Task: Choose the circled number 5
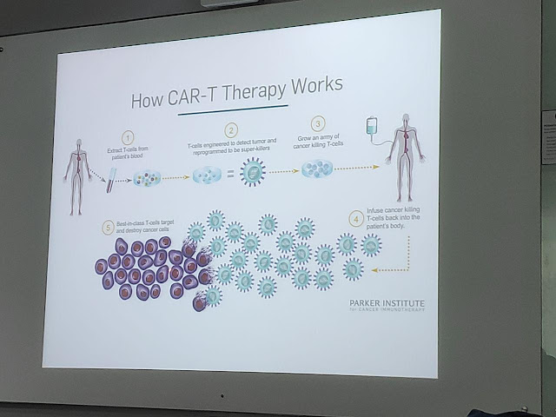108,228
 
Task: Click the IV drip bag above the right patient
372,126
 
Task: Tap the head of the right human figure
400,122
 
